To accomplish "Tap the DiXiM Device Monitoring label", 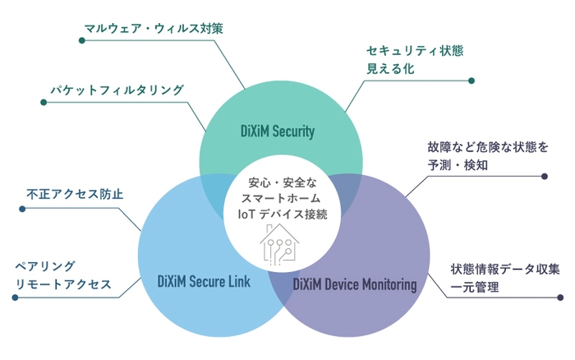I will [x=355, y=284].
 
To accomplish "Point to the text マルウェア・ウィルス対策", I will [x=154, y=27].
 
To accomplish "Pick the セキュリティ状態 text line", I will [x=415, y=51].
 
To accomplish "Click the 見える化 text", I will [x=390, y=69].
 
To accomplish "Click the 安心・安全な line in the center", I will [x=276, y=182].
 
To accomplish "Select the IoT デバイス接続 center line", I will [x=277, y=215].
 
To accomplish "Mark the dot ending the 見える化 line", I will [x=471, y=81].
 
